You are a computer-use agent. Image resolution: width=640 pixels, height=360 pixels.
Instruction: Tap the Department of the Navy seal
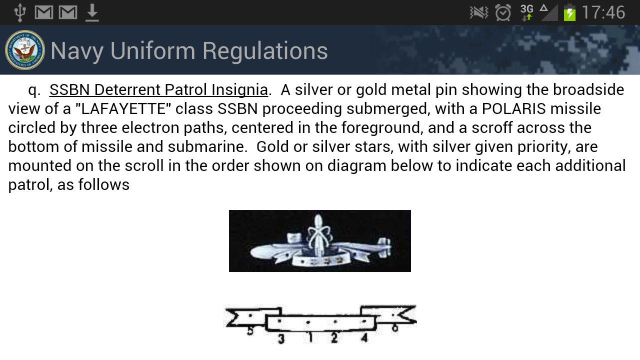click(x=25, y=50)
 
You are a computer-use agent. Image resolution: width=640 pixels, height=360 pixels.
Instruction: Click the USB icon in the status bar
click(x=20, y=12)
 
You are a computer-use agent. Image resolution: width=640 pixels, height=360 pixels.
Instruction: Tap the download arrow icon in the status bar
click(x=92, y=13)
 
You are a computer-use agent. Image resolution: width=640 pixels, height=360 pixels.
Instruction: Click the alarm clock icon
click(x=503, y=12)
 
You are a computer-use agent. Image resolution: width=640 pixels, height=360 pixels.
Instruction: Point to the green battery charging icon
click(x=569, y=12)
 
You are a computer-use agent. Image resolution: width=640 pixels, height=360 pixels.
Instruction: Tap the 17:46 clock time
click(x=603, y=12)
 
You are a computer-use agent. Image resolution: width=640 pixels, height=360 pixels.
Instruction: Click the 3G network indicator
click(x=527, y=12)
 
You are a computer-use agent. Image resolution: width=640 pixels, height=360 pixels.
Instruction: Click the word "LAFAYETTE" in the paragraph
click(x=123, y=108)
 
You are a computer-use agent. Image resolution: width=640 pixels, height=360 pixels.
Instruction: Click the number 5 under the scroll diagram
click(x=250, y=331)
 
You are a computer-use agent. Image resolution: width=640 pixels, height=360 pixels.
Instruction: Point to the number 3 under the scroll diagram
click(x=281, y=339)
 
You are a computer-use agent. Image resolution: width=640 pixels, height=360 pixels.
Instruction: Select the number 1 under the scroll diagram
click(x=310, y=337)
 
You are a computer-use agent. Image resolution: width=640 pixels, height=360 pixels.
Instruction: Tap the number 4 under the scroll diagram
click(x=364, y=337)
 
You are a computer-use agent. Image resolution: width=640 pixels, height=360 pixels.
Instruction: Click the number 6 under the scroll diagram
click(x=395, y=327)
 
